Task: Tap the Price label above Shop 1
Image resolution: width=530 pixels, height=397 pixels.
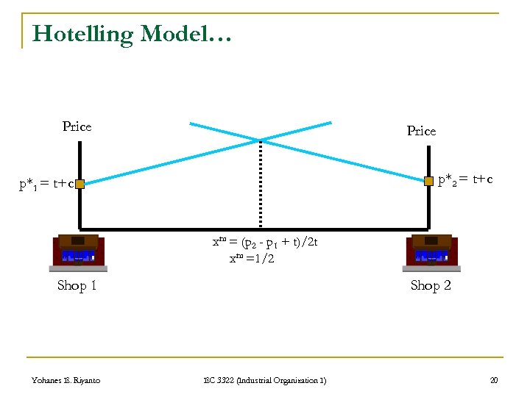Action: click(x=77, y=126)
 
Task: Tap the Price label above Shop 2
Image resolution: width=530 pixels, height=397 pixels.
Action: click(x=421, y=131)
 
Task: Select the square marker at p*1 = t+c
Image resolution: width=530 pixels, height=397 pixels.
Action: click(x=79, y=185)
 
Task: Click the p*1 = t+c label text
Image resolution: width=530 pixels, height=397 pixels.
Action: click(x=46, y=184)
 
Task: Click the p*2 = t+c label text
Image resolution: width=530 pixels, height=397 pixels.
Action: click(x=465, y=179)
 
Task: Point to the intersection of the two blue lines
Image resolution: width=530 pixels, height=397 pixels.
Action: click(x=260, y=140)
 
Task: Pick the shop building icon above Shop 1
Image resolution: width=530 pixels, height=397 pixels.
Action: click(x=78, y=252)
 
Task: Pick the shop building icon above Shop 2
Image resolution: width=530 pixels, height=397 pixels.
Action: click(x=431, y=252)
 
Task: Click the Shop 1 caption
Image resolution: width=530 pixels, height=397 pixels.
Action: click(x=77, y=285)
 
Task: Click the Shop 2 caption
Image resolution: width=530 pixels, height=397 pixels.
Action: click(x=431, y=285)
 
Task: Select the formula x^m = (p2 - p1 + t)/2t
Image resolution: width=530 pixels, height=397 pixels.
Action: click(x=264, y=243)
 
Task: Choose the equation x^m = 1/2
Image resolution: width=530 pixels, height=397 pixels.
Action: click(x=251, y=258)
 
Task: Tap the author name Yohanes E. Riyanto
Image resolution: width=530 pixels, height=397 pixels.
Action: click(x=66, y=380)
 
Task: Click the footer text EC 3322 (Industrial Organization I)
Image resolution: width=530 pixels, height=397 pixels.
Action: click(x=265, y=380)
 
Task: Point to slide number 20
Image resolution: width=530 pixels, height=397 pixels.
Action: click(x=493, y=380)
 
